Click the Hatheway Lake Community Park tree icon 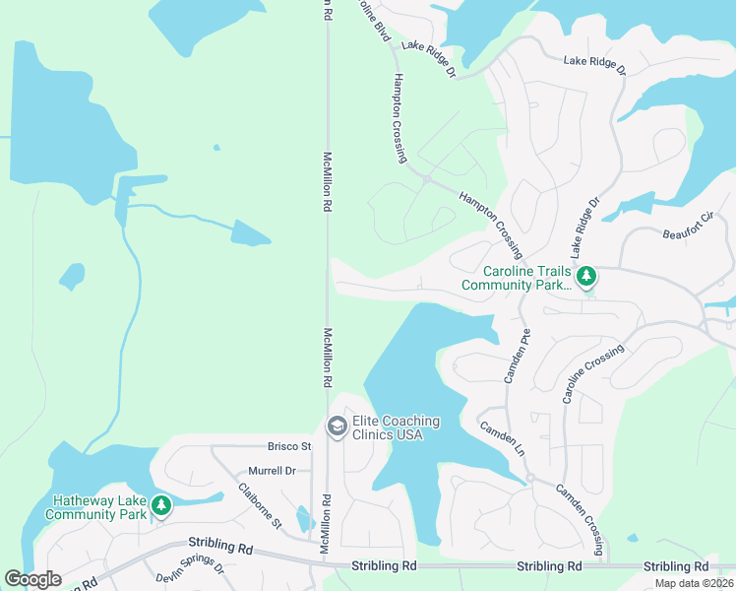click(x=161, y=507)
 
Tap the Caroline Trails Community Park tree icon click(x=587, y=277)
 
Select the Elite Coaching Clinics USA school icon click(x=336, y=427)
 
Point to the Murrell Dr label click(x=272, y=471)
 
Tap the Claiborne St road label click(x=260, y=504)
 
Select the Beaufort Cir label click(x=687, y=227)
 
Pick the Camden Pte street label click(x=518, y=357)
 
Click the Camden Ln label click(x=502, y=439)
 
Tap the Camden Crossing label click(x=581, y=510)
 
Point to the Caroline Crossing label click(x=592, y=374)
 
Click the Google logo click(x=32, y=579)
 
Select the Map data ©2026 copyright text click(x=695, y=583)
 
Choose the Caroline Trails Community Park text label click(x=518, y=279)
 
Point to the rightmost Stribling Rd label click(x=676, y=566)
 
